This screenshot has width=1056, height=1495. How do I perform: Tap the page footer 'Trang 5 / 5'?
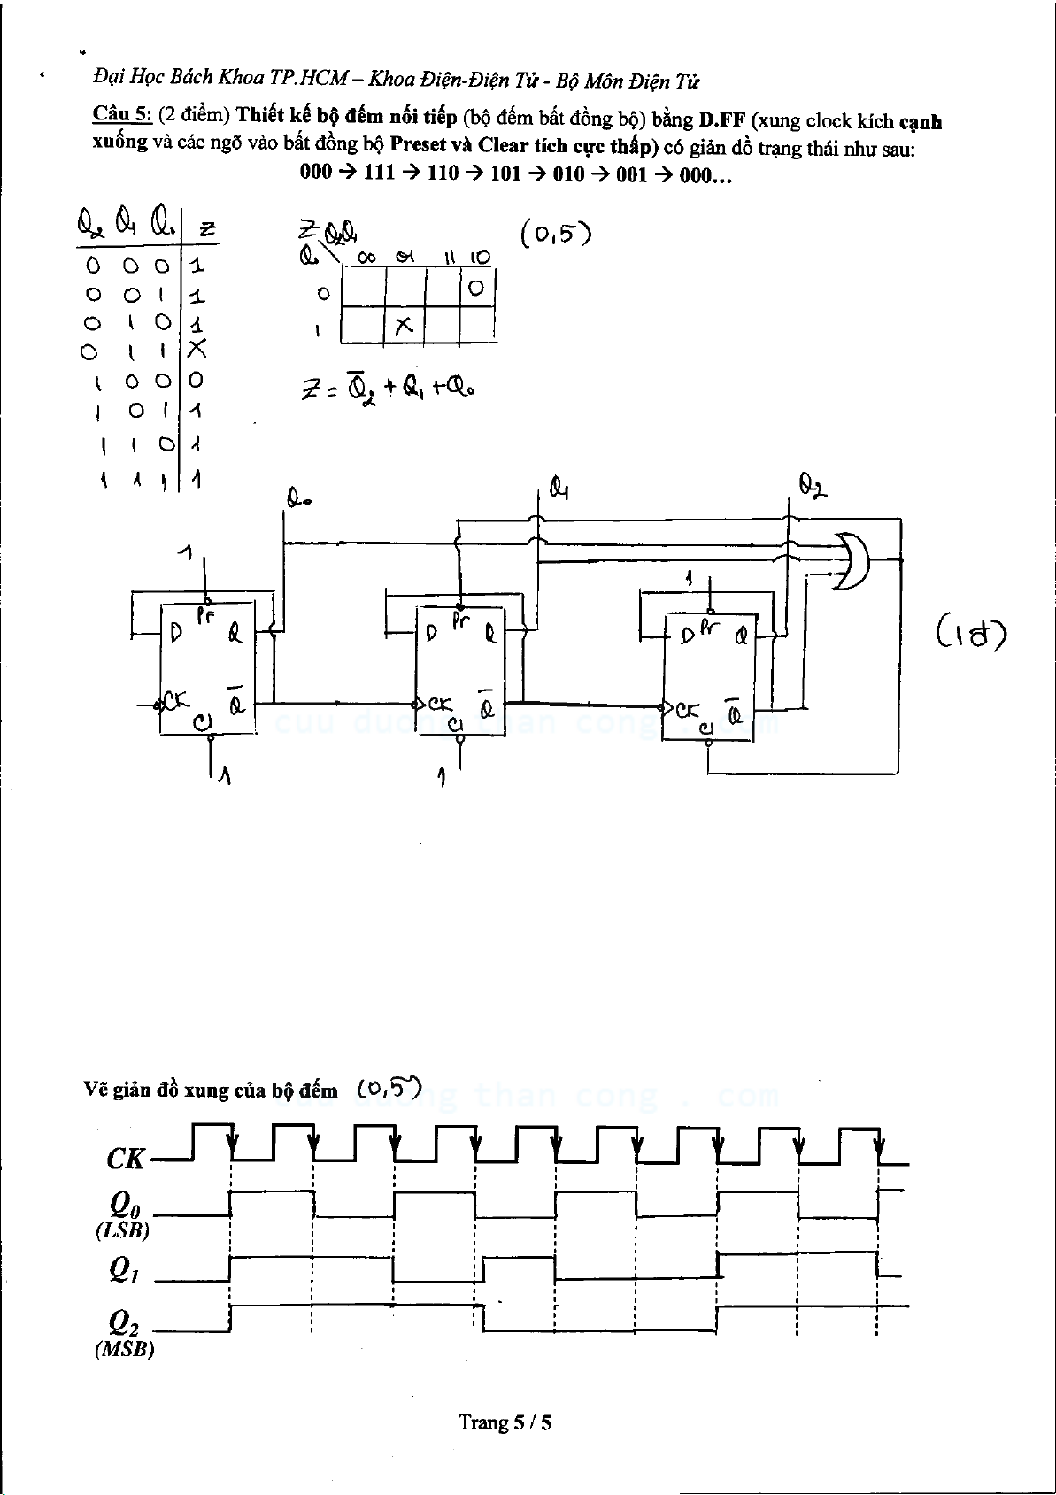point(505,1422)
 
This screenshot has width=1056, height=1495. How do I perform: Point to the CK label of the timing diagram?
point(125,1158)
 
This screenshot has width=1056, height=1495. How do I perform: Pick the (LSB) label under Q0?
point(122,1230)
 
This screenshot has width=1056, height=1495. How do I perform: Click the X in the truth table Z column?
point(197,350)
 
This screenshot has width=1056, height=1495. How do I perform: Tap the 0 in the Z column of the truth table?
point(196,381)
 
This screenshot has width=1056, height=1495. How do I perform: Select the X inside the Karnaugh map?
point(404,326)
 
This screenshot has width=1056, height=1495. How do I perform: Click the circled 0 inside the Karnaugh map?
point(476,289)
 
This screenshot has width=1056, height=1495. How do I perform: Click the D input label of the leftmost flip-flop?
point(175,635)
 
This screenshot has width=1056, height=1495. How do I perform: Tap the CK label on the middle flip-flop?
point(440,705)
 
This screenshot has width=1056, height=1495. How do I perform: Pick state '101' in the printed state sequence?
point(505,173)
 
